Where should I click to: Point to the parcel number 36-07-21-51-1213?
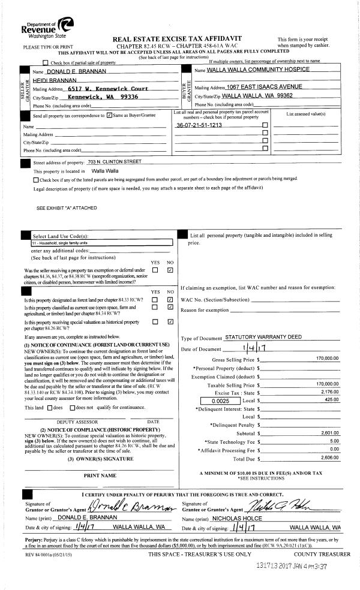point(199,125)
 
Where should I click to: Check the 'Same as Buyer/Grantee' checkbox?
point(109,115)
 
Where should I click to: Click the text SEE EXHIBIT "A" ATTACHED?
point(67,208)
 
